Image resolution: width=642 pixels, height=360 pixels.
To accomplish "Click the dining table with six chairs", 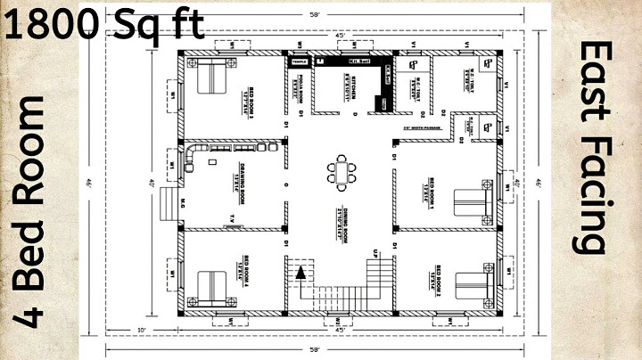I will click(339, 170).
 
